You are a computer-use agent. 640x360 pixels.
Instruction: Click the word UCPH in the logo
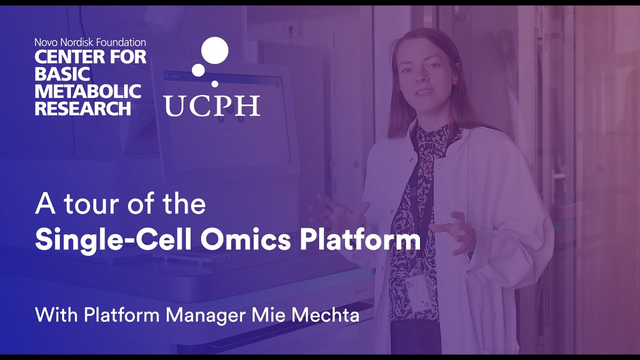point(212,105)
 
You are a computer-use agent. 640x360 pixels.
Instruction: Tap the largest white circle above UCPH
point(214,50)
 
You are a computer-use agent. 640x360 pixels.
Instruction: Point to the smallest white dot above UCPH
point(215,83)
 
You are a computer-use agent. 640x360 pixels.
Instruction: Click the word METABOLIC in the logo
point(88,91)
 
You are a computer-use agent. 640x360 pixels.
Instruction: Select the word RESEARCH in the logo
point(83,108)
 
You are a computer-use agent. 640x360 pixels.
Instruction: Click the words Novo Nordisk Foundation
point(90,42)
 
